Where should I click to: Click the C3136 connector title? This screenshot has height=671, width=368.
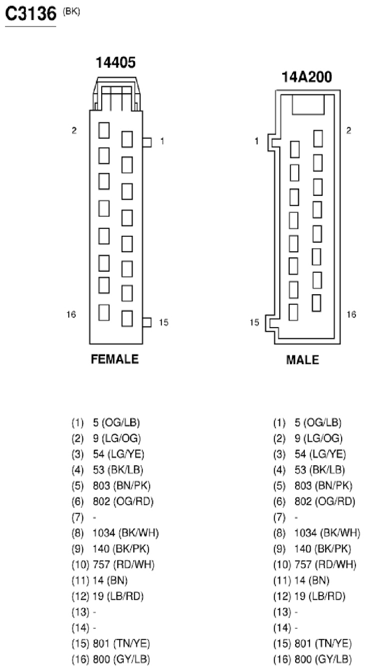tap(30, 13)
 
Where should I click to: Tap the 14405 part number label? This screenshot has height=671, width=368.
tap(115, 63)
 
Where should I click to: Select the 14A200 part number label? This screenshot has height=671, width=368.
tap(307, 77)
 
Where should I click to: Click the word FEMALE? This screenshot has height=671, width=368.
tap(115, 359)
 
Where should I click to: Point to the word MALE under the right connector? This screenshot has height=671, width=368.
tap(302, 360)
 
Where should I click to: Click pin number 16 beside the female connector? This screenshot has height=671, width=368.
tap(71, 314)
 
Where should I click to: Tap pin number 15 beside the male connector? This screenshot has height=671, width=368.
tap(254, 323)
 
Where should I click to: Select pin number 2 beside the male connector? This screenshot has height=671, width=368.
tap(349, 130)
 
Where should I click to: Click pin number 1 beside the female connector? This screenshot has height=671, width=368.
tap(162, 141)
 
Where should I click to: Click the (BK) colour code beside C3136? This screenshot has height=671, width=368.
tap(71, 11)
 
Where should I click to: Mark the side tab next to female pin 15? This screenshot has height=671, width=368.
tap(147, 323)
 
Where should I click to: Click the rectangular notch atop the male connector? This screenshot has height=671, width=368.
tap(308, 105)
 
